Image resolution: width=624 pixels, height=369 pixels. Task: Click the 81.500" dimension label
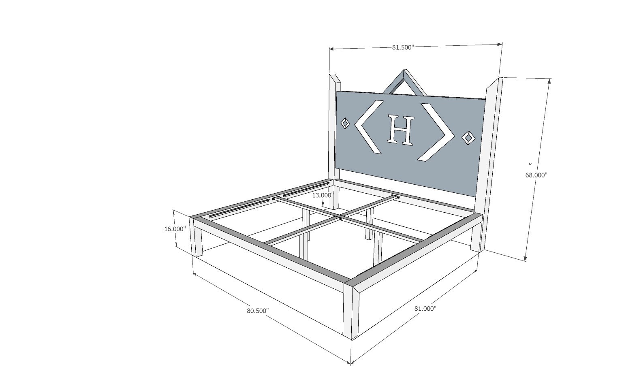pyautogui.click(x=402, y=47)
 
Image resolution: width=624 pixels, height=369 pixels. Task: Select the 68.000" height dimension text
pyautogui.click(x=536, y=175)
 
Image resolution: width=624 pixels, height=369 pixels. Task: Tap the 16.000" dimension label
pyautogui.click(x=175, y=229)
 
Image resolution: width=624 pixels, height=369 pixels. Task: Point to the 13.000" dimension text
pyautogui.click(x=323, y=195)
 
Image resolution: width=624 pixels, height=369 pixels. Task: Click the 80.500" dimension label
pyautogui.click(x=258, y=311)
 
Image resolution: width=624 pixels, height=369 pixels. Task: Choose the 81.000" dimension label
pyautogui.click(x=425, y=309)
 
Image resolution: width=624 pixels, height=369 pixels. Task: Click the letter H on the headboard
pyautogui.click(x=401, y=130)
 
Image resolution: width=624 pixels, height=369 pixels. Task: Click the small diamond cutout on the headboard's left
pyautogui.click(x=345, y=123)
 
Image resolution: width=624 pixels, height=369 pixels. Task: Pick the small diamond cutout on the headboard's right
pyautogui.click(x=469, y=138)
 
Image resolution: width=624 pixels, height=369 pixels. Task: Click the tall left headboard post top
pyautogui.click(x=334, y=79)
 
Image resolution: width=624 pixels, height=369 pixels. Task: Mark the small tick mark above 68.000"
pyautogui.click(x=530, y=164)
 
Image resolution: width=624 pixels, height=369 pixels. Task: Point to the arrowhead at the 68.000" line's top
pyautogui.click(x=549, y=81)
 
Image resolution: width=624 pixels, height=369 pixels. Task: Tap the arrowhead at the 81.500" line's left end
pyautogui.click(x=331, y=49)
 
